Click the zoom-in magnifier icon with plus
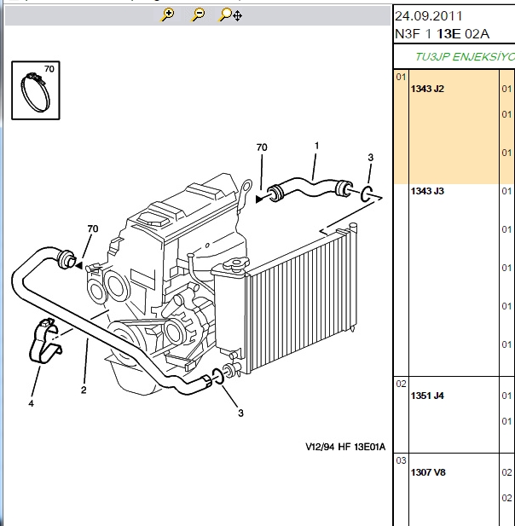(167, 15)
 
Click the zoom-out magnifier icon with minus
(198, 15)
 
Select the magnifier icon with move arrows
(230, 15)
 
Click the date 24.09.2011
(428, 16)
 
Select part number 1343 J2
(427, 89)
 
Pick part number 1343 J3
(427, 191)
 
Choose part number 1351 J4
(427, 396)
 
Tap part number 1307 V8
(428, 472)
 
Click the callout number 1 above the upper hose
(316, 146)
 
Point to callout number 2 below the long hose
(84, 390)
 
